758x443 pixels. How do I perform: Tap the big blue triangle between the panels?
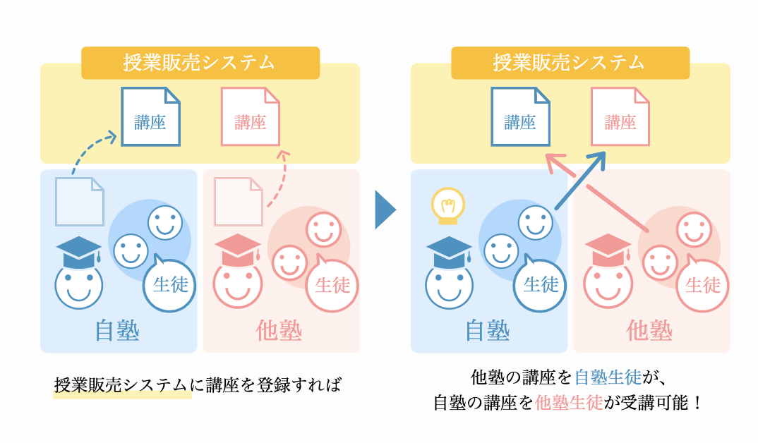[x=385, y=210]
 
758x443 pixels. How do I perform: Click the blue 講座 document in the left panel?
[x=150, y=116]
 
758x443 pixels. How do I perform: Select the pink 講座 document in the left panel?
[x=251, y=116]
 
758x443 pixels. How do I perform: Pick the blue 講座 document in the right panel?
[x=520, y=116]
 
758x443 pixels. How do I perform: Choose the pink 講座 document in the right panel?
[x=620, y=116]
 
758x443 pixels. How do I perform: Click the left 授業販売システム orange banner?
[x=200, y=63]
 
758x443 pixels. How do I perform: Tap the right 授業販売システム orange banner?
[x=570, y=63]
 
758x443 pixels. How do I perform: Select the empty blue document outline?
[x=80, y=202]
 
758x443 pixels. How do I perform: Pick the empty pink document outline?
[x=239, y=202]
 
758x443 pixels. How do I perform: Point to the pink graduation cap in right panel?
[x=608, y=250]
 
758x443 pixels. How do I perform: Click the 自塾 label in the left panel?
[x=117, y=331]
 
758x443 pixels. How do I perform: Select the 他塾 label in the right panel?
[x=649, y=331]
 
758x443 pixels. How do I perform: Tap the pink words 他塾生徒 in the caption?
[x=569, y=402]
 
